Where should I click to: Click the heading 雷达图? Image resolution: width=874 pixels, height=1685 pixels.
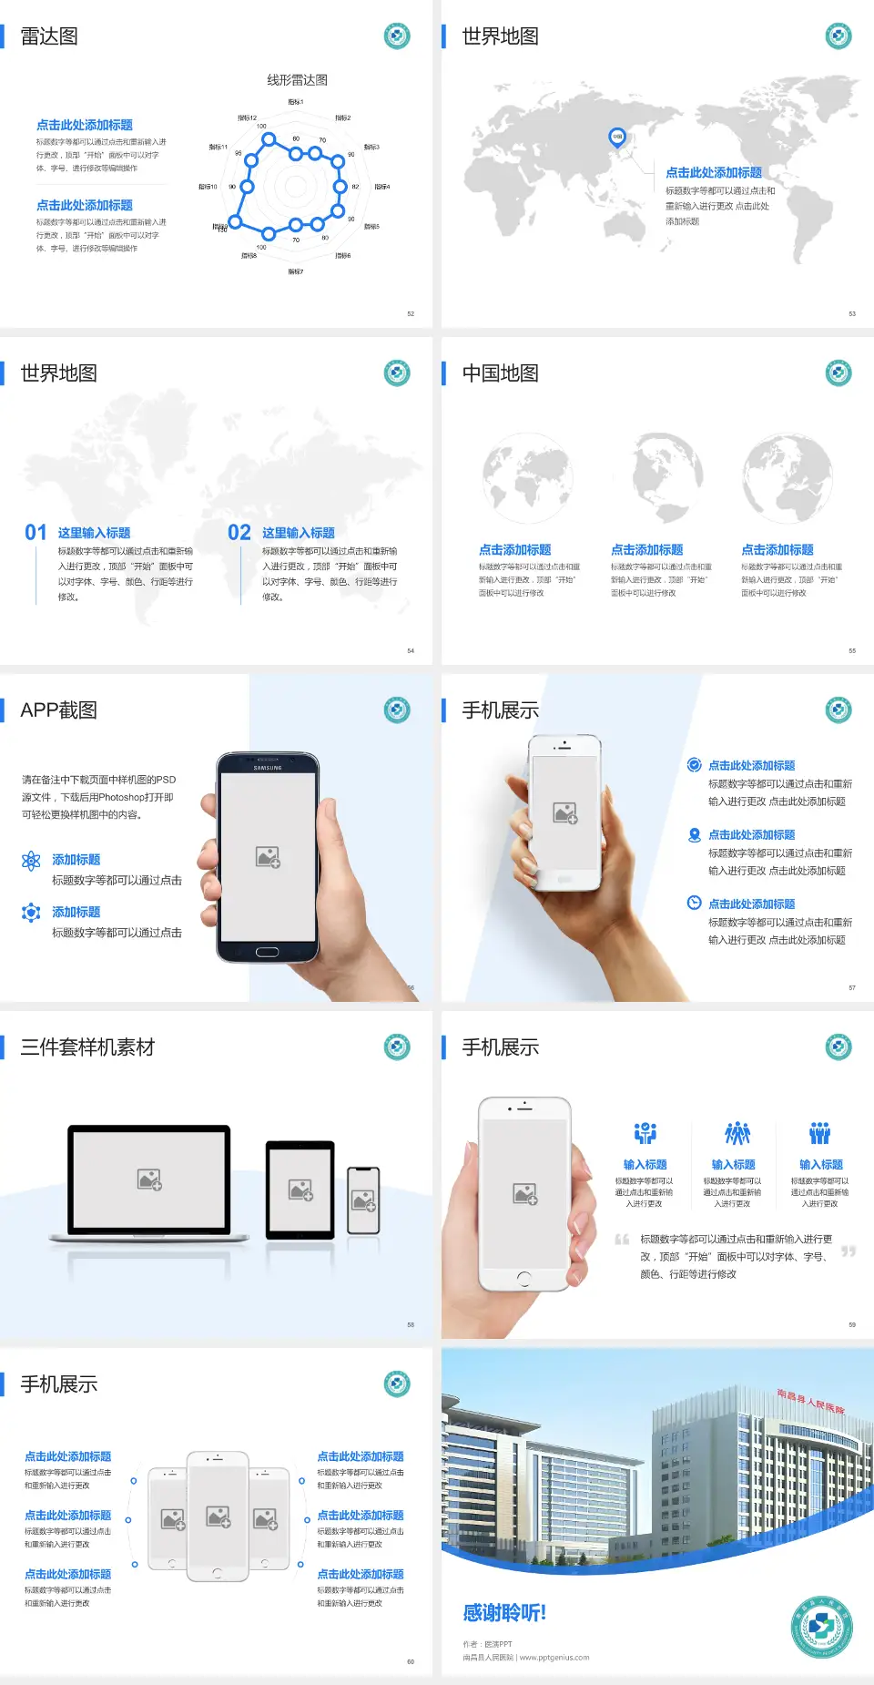point(49,36)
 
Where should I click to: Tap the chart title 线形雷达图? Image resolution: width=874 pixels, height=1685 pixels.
point(297,80)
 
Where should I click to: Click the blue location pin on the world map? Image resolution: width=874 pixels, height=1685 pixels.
point(617,138)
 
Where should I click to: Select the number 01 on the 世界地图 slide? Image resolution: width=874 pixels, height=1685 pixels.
point(36,533)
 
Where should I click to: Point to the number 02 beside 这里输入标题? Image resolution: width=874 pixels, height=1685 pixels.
point(239,533)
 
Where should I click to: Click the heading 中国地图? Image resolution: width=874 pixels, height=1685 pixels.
point(500,373)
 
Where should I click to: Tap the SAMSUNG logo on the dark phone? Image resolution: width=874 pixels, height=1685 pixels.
point(268,768)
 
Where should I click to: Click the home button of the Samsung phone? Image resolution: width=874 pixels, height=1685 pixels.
point(267,952)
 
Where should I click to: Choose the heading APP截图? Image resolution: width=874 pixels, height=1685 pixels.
point(58,710)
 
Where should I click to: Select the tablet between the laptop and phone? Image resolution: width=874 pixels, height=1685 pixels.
point(300,1189)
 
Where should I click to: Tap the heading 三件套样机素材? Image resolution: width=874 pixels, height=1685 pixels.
point(87,1047)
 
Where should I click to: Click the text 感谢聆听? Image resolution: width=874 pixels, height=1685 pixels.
point(504,1613)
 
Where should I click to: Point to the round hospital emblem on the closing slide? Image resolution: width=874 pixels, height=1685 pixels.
point(821,1628)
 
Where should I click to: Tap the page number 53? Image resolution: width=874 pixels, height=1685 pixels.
point(852,313)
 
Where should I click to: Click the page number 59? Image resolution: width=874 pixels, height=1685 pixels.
point(852,1324)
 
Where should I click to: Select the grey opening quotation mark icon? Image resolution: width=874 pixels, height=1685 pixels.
point(622,1240)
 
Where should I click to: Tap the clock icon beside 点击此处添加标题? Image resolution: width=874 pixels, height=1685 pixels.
point(694,903)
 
